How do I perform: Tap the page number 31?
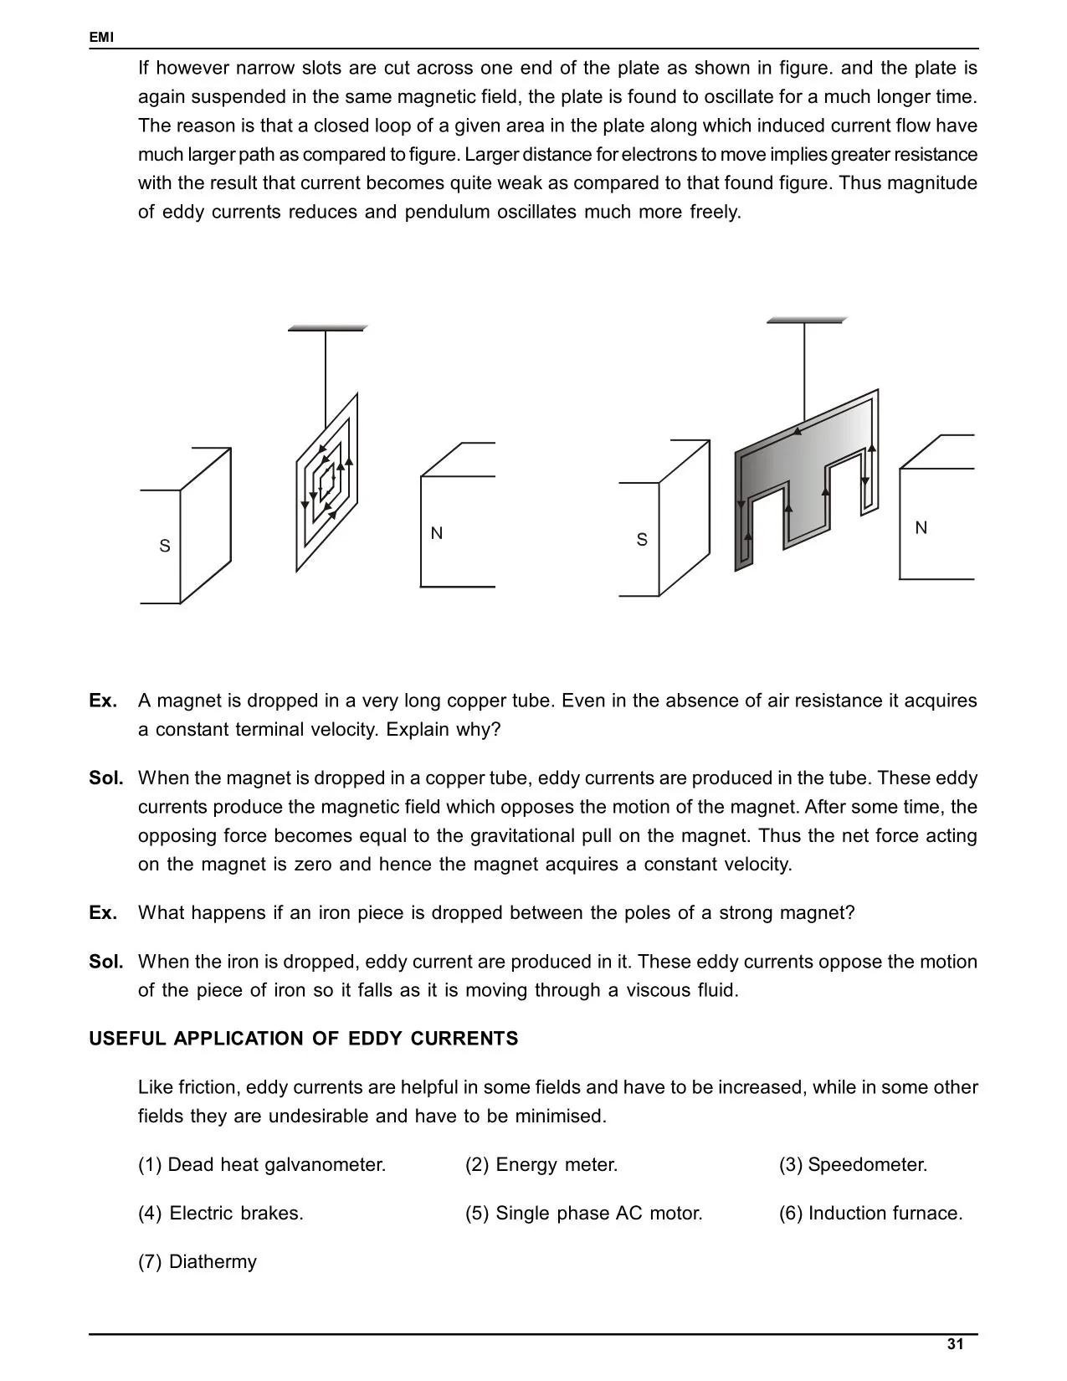(955, 1344)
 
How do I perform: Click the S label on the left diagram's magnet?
(165, 547)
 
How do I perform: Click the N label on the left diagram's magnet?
(436, 533)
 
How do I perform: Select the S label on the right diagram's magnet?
(642, 540)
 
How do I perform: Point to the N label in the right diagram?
(921, 528)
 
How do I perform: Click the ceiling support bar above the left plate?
(326, 328)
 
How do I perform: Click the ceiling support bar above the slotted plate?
(806, 320)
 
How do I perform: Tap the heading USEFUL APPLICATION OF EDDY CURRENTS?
(304, 1039)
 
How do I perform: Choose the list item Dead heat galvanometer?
(262, 1164)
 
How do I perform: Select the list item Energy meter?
(541, 1164)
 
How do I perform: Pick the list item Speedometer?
(853, 1164)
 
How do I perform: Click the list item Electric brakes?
(221, 1213)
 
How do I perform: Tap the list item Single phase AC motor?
(584, 1213)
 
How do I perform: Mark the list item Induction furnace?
(870, 1213)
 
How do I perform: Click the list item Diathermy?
(197, 1261)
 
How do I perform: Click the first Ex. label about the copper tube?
(103, 701)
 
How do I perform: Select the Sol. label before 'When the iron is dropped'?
(106, 962)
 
